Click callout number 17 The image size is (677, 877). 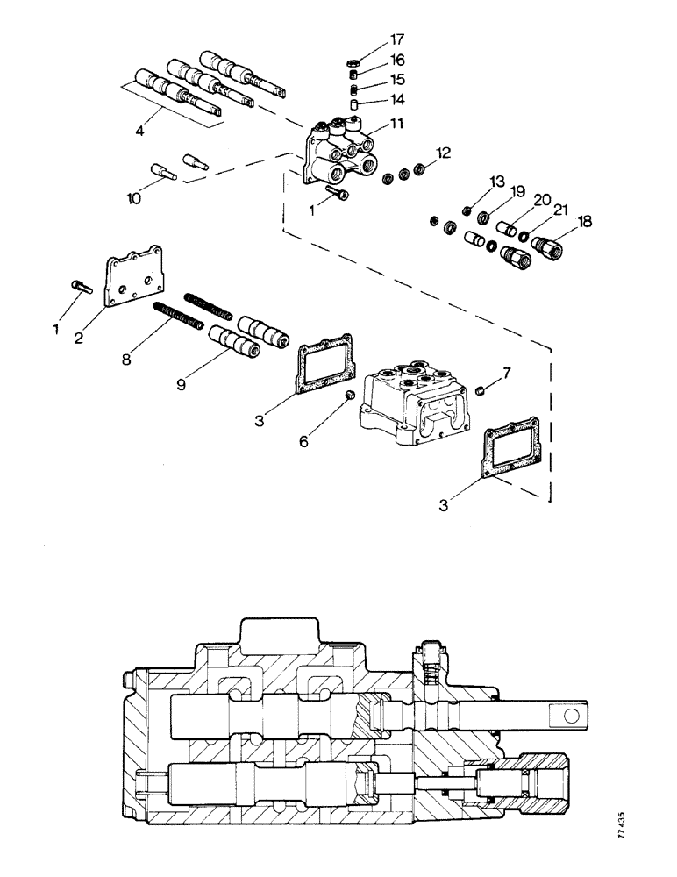(x=398, y=39)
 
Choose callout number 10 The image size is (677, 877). (x=132, y=200)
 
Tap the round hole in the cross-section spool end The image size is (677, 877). (x=572, y=717)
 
